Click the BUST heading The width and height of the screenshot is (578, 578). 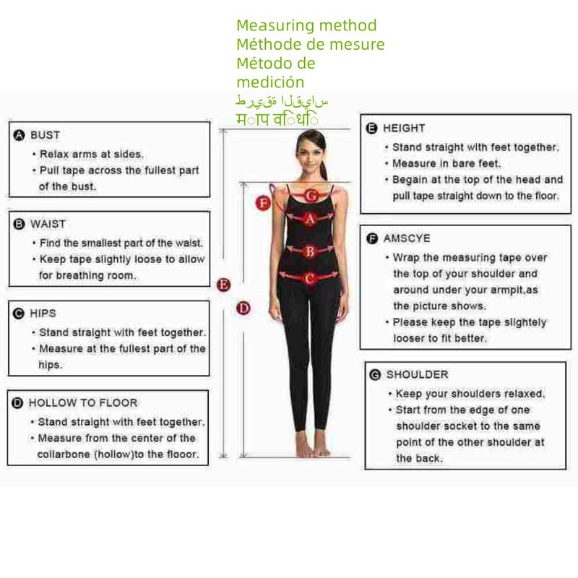(x=45, y=135)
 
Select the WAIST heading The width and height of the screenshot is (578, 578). (x=48, y=225)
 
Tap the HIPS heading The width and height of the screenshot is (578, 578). (x=43, y=314)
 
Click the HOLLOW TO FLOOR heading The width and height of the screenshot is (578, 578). (x=82, y=403)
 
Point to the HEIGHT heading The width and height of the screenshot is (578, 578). (x=404, y=128)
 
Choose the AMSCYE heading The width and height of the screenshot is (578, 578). (x=407, y=238)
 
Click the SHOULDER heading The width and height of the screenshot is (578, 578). (x=417, y=374)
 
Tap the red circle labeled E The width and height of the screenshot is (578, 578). (x=224, y=285)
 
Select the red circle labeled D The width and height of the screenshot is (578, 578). (x=243, y=309)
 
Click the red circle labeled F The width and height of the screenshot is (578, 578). (x=264, y=204)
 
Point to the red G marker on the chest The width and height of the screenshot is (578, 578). (x=311, y=195)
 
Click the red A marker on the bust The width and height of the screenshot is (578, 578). (x=309, y=218)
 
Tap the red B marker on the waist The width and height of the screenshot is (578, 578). (x=309, y=251)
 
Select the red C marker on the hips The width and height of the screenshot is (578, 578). (x=309, y=278)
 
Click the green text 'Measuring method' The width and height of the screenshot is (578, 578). (x=306, y=26)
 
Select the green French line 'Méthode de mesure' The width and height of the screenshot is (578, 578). (x=310, y=45)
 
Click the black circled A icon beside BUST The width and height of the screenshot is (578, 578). (x=20, y=135)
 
